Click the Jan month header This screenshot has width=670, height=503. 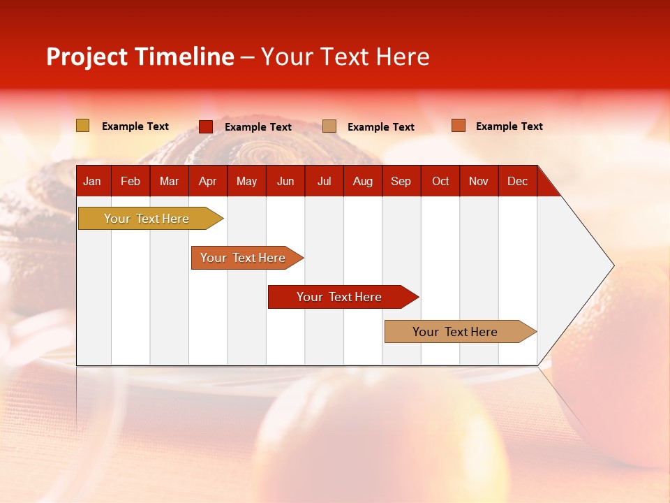click(92, 181)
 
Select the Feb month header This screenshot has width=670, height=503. click(131, 181)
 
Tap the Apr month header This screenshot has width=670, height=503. click(207, 181)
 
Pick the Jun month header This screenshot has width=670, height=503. click(285, 181)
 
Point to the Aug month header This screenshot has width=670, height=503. click(362, 181)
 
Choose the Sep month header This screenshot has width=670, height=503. click(401, 181)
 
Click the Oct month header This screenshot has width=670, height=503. click(440, 181)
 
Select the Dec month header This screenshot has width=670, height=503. click(517, 181)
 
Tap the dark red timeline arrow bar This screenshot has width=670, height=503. click(340, 297)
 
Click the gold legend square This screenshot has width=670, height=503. click(82, 126)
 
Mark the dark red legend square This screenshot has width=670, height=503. click(205, 126)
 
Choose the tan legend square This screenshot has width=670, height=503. click(329, 126)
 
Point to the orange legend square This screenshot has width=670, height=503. click(458, 126)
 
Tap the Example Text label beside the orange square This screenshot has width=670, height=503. click(509, 126)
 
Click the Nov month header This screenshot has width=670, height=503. click(478, 181)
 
